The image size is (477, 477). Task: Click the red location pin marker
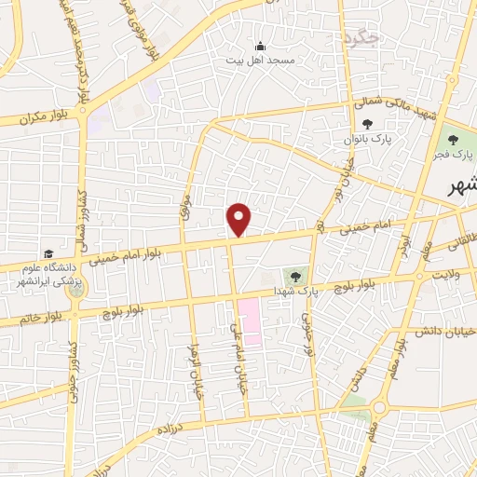pos(239,219)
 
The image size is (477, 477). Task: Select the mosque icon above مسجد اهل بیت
pos(260,47)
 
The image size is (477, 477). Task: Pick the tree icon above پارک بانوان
pos(367,123)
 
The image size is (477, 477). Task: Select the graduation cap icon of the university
pos(47,254)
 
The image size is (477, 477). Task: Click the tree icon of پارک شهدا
pos(295,275)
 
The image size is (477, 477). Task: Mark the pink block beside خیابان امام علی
pos(250,321)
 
